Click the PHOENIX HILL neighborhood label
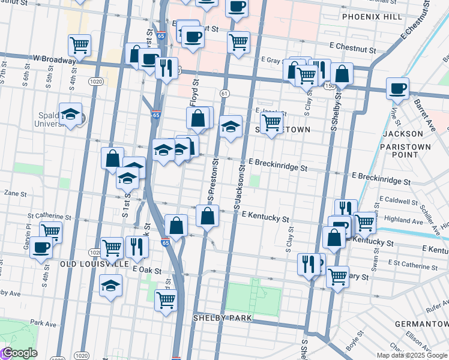tap(372, 17)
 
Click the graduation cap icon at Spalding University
tap(70, 114)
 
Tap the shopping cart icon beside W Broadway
tap(79, 44)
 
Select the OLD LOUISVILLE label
tap(94, 263)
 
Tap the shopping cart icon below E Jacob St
tap(272, 123)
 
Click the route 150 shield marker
tap(330, 86)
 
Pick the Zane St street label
tap(16, 194)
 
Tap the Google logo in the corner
tap(19, 353)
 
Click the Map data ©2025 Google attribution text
tap(412, 355)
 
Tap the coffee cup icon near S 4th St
tap(41, 247)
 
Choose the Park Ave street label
tap(43, 323)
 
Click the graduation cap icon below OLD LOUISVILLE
tap(111, 286)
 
